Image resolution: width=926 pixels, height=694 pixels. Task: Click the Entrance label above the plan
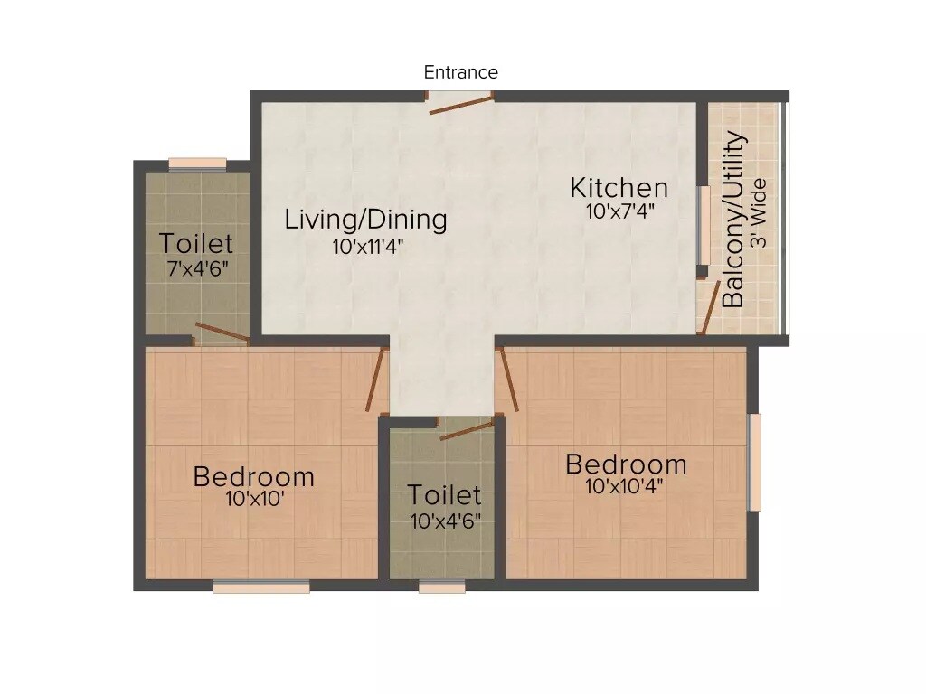pos(460,72)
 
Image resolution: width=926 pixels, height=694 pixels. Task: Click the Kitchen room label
pos(619,188)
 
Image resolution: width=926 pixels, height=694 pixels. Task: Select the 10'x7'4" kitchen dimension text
pos(619,211)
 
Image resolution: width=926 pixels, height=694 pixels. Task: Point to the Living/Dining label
pos(365,220)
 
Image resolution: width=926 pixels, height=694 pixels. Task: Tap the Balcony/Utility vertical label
pos(735,220)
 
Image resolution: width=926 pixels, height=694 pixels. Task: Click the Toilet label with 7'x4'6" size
pos(196,244)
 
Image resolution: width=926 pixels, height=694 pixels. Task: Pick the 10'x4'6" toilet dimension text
pos(444,520)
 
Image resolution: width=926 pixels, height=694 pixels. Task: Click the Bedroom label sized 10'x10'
pos(254,476)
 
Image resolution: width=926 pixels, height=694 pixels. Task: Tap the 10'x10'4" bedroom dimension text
pos(625,487)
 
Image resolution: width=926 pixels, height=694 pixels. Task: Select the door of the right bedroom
pos(508,380)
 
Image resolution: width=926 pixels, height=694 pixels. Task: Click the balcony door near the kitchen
pos(711,307)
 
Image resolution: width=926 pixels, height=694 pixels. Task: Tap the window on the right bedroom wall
pos(754,463)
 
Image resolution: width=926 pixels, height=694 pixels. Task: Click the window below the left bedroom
pos(261,586)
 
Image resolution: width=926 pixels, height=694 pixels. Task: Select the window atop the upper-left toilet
pos(197,164)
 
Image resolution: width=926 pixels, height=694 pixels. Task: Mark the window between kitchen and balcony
pos(701,226)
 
